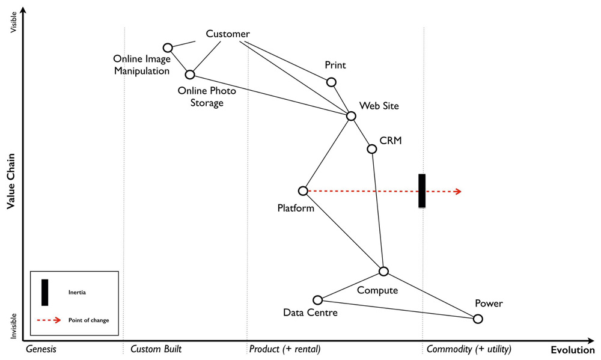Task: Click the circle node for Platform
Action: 303,191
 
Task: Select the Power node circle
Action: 478,319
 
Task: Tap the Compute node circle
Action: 383,272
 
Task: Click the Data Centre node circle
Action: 318,300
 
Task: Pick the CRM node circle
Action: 371,148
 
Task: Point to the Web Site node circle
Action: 351,116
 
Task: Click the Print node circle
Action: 331,82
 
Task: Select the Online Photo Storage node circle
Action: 190,75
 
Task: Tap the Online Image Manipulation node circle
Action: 168,47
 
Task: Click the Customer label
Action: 227,34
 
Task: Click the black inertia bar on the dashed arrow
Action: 422,191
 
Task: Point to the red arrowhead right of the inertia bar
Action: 458,191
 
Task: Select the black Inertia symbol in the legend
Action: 44,292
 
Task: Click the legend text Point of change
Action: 88,320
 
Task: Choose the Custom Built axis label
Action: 156,349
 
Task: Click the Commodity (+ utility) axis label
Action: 469,349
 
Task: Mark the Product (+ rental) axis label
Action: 284,349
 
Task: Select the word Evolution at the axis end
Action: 572,350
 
